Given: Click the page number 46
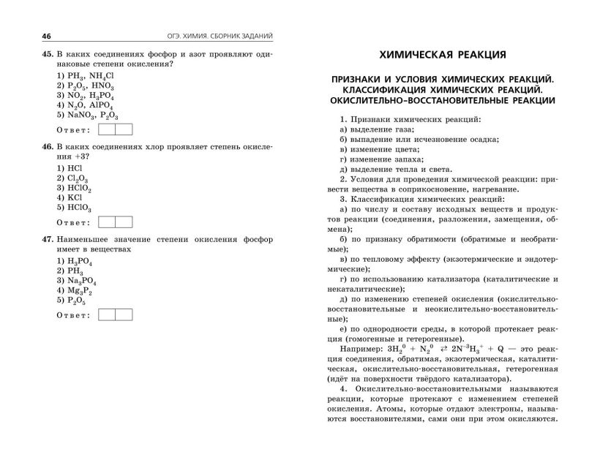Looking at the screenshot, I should [x=27, y=37].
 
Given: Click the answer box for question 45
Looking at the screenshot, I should [x=115, y=129].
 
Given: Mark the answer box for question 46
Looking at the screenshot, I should [x=115, y=222].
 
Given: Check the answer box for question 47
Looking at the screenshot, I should [x=115, y=314].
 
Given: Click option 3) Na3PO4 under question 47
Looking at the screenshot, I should [x=76, y=281].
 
